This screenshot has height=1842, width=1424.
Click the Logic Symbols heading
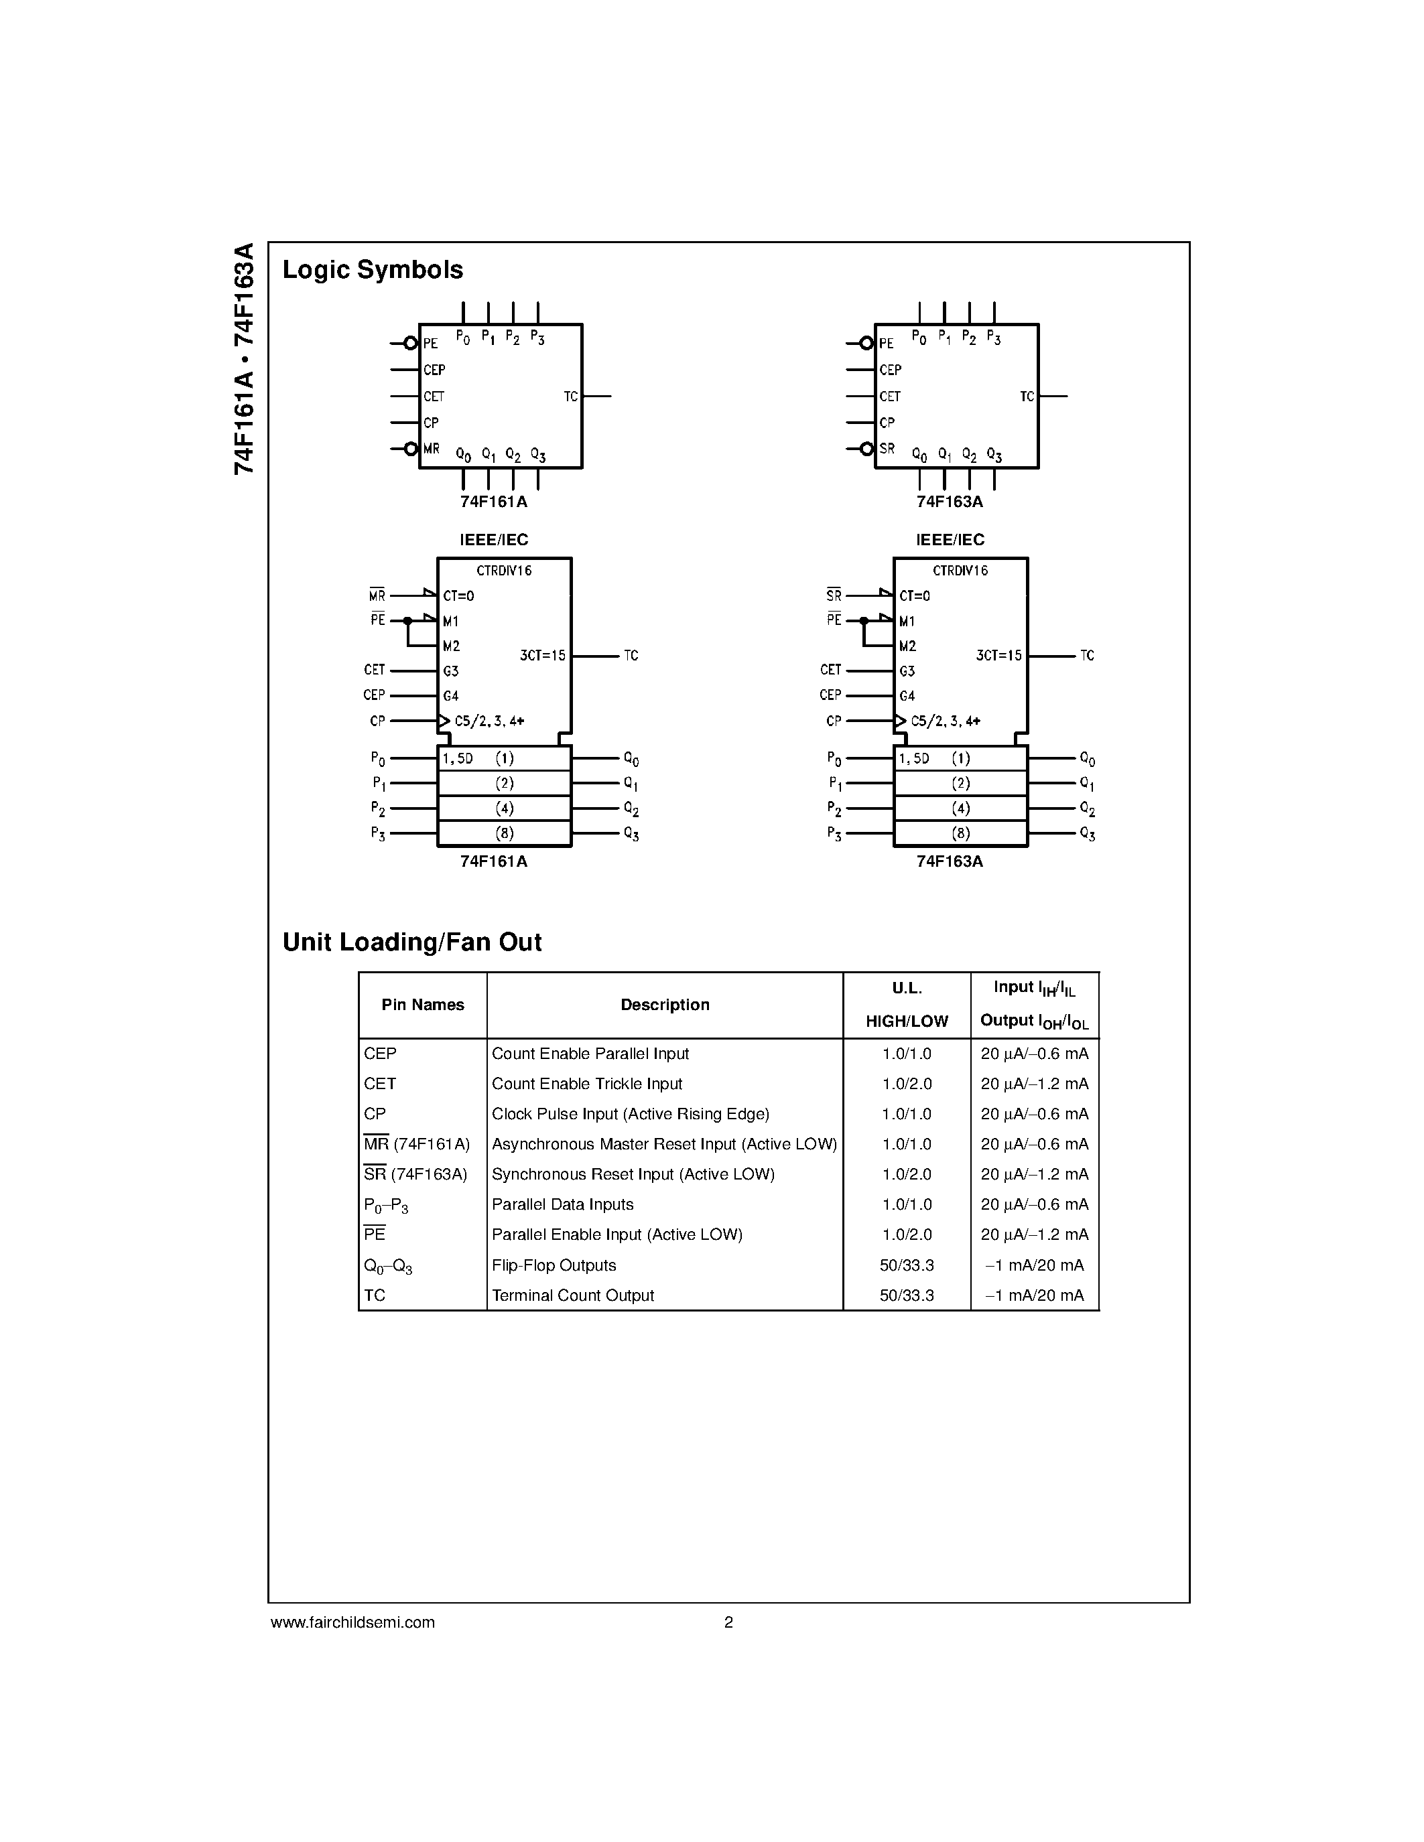[x=372, y=270]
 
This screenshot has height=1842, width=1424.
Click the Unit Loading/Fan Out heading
[x=411, y=942]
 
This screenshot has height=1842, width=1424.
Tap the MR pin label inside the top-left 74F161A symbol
[x=431, y=449]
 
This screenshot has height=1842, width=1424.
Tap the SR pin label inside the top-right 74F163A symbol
[x=887, y=449]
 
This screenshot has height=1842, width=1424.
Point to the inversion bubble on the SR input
[x=866, y=449]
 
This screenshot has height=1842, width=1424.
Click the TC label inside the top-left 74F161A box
[x=570, y=397]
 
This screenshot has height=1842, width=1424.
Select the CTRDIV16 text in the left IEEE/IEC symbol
[x=504, y=571]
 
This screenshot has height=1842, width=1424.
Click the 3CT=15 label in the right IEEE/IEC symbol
[x=998, y=655]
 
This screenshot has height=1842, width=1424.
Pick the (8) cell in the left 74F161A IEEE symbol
[x=505, y=833]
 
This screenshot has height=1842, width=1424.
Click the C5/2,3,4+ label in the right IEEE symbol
[x=946, y=721]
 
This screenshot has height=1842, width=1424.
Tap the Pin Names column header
[x=423, y=1005]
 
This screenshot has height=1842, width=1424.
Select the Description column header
[x=665, y=1005]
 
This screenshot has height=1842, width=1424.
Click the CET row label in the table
[x=379, y=1084]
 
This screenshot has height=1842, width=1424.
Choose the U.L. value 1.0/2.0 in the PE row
[x=907, y=1234]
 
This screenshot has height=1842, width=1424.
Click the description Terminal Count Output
[x=573, y=1295]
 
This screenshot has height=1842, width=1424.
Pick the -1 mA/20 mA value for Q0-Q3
[x=1034, y=1265]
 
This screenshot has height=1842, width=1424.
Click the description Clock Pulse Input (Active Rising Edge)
[x=630, y=1114]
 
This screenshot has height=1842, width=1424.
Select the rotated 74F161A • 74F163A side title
[x=244, y=358]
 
